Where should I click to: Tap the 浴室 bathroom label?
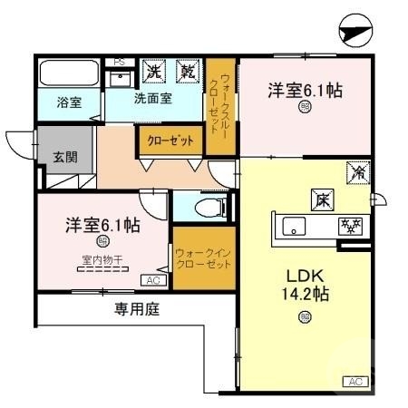coord(69,102)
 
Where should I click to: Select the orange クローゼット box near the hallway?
coord(169,141)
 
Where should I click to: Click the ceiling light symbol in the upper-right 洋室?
coord(303,107)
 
